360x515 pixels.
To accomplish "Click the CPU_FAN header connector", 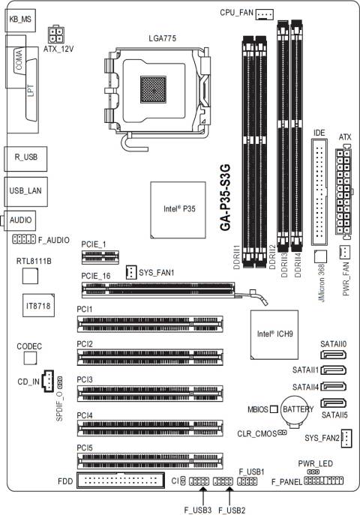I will pyautogui.click(x=265, y=13).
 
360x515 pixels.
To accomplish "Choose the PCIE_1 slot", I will pyautogui.click(x=100, y=258).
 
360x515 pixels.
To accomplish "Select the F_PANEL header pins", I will pyautogui.click(x=322, y=480).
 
